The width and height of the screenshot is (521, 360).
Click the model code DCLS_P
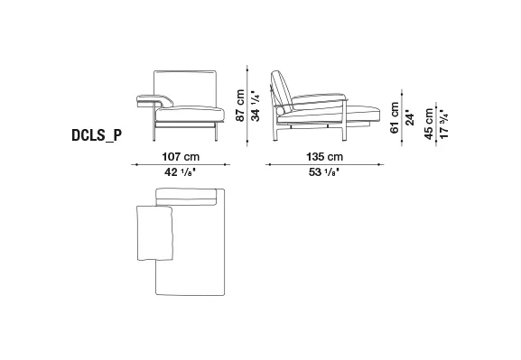coord(97,135)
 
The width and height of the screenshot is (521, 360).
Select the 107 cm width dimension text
coord(181,156)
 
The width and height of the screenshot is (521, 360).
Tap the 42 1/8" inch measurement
coord(180,172)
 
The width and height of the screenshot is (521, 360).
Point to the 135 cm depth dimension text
coord(324,156)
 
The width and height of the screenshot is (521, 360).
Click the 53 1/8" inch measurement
coord(323,172)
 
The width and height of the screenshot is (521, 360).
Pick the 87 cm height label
coord(240,106)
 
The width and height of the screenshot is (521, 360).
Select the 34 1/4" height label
coord(256,106)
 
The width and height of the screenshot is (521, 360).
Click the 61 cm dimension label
coord(395,117)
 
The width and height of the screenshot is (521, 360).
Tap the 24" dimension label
coord(410,118)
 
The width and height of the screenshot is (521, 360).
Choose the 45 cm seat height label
coord(429,124)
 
